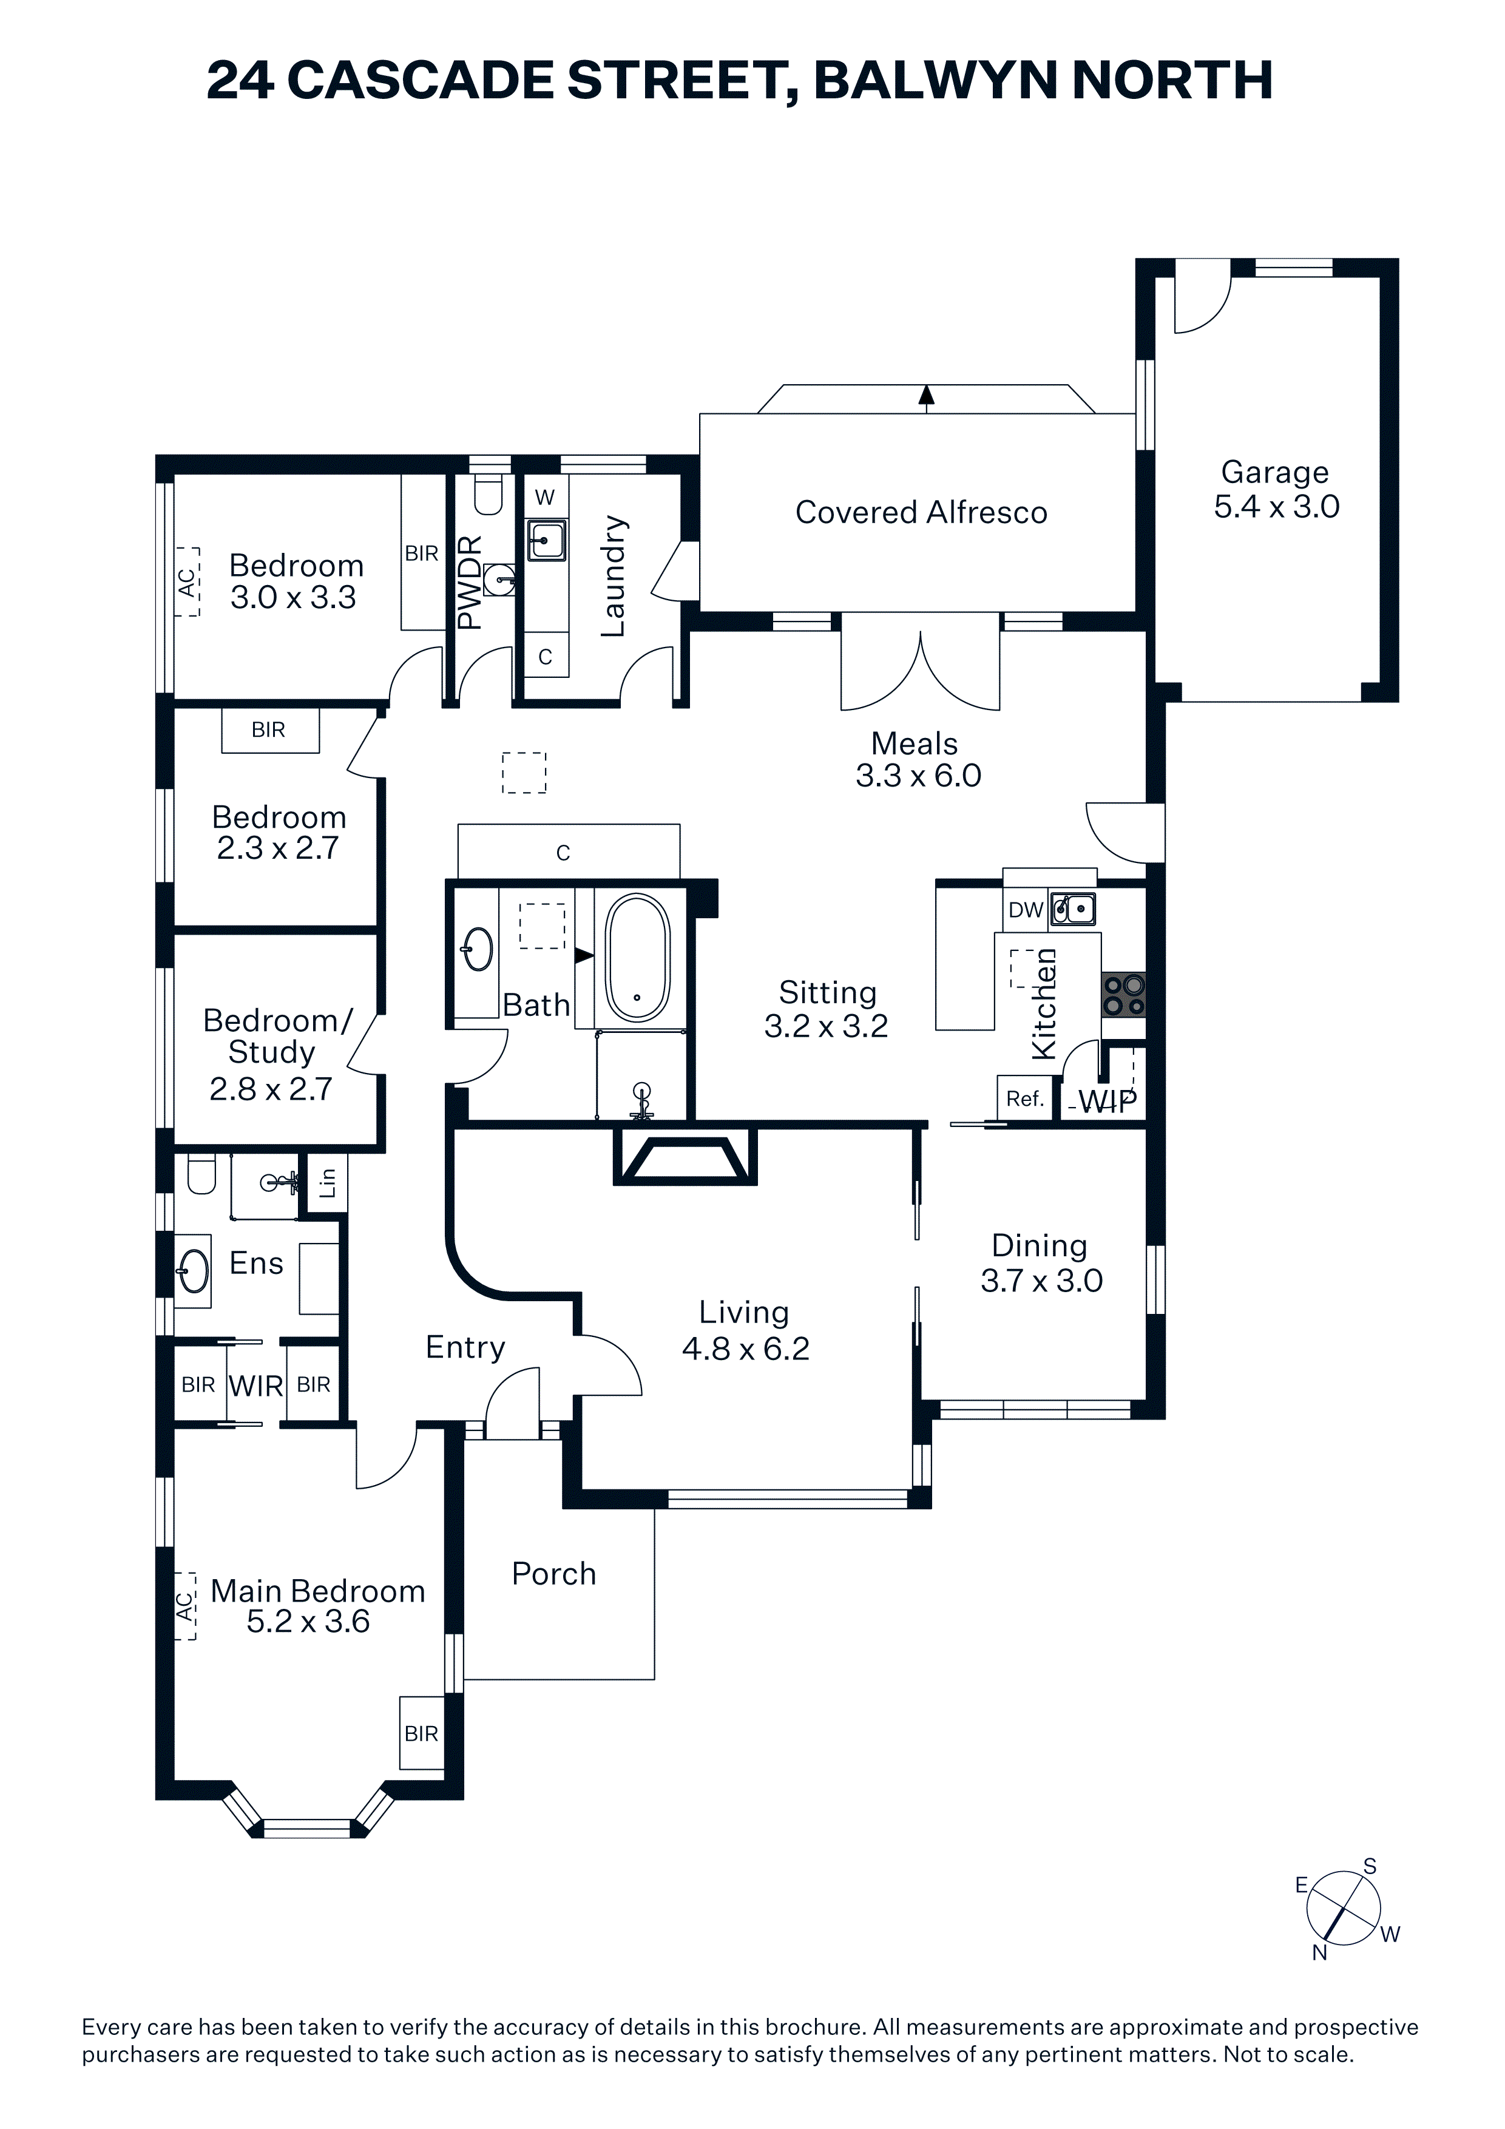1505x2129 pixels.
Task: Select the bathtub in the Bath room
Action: [637, 958]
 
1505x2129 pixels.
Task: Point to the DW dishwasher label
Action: [1026, 910]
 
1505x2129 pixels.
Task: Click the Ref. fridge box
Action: [1024, 1099]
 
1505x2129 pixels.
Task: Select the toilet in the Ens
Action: [201, 1173]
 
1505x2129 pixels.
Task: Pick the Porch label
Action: [553, 1574]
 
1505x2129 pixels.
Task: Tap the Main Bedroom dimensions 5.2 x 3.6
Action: [308, 1621]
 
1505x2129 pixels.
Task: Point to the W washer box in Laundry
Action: [545, 497]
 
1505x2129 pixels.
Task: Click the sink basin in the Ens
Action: [194, 1270]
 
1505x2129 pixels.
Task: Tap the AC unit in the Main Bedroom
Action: [186, 1606]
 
